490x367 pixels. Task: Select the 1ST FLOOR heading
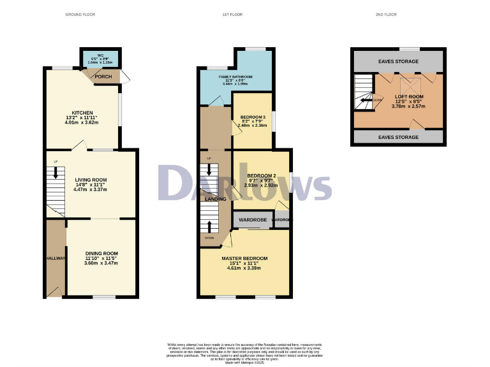pos(245,13)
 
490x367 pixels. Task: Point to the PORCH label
pos(103,76)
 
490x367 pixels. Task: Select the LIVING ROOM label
pos(90,180)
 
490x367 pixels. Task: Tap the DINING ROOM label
pos(102,254)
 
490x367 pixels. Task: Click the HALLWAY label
pos(56,258)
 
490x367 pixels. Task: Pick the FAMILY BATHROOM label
pos(235,76)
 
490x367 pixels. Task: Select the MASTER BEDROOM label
pos(244,258)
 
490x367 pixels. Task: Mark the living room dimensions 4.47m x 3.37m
pos(90,190)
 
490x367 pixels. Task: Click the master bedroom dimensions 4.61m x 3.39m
pos(244,268)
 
